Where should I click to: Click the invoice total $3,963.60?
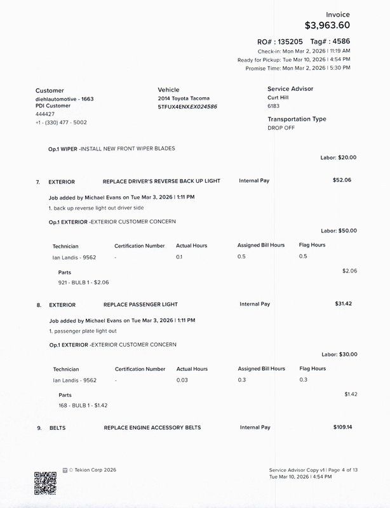point(327,25)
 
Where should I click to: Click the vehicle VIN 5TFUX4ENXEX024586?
point(187,107)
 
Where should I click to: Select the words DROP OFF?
point(281,128)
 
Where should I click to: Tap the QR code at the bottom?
point(45,483)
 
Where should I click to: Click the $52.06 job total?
point(342,180)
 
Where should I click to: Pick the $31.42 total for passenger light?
point(343,304)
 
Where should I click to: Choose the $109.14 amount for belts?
point(342,427)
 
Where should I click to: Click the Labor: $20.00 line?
point(339,157)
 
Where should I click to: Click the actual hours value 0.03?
point(183,380)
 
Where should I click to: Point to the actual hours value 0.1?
point(179,257)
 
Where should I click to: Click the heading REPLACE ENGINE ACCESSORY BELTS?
point(152,428)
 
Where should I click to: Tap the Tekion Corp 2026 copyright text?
point(93,471)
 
